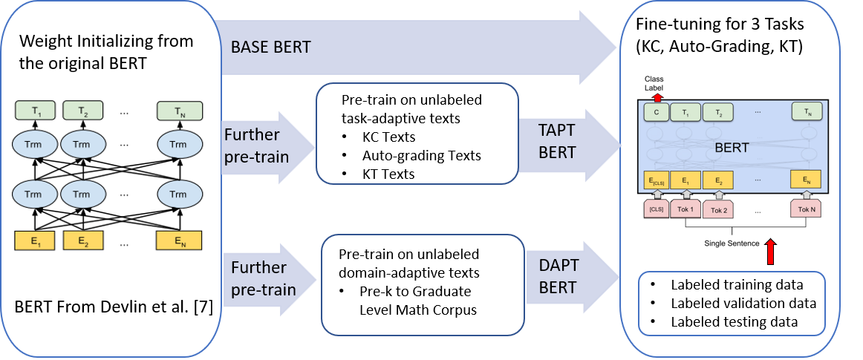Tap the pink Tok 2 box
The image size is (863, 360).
pos(719,210)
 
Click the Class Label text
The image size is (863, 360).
pos(654,83)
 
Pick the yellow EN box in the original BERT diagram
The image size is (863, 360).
pos(178,240)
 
